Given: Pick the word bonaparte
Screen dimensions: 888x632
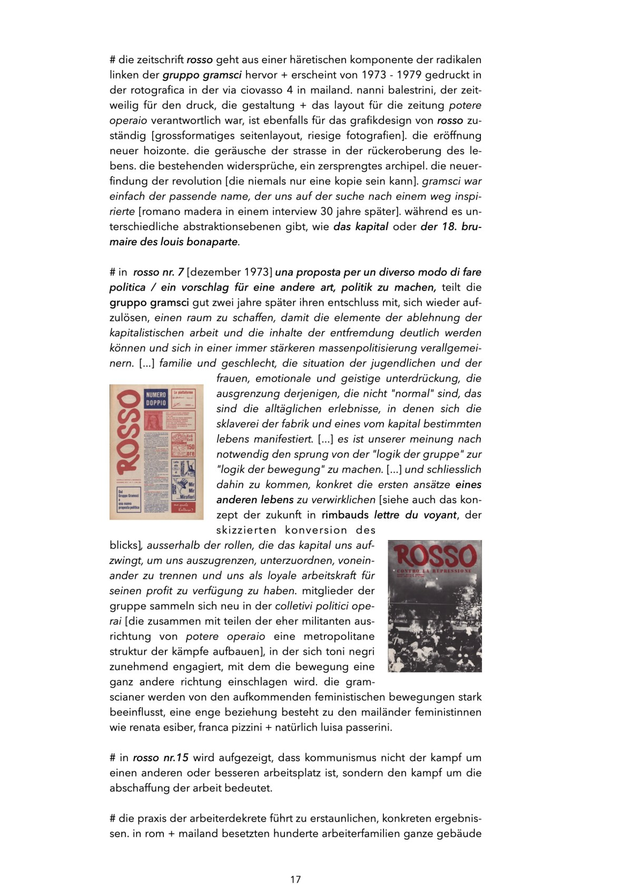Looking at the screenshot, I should coord(212,242).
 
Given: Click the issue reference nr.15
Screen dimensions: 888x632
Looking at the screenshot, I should coord(175,758).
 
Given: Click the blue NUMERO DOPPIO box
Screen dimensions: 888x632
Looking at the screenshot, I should coord(156,398).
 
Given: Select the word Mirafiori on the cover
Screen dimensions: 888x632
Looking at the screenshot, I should coord(187,496).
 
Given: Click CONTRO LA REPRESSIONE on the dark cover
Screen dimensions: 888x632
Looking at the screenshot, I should coord(434,571).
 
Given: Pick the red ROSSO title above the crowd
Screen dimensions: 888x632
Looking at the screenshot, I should coord(434,555).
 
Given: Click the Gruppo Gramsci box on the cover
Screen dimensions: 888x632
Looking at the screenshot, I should coord(129,501).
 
